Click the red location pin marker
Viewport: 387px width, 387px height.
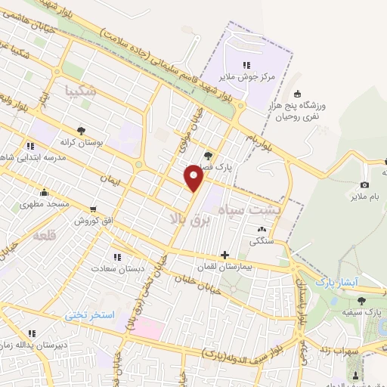(x=194, y=178)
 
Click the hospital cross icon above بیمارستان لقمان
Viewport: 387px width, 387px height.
(x=224, y=255)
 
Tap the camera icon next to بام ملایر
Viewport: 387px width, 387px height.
(x=364, y=184)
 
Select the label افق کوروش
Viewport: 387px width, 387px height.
(x=93, y=221)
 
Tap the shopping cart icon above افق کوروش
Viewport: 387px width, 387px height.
(x=93, y=209)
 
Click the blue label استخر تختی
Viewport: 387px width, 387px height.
(x=91, y=314)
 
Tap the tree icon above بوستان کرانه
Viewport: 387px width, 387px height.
(x=82, y=129)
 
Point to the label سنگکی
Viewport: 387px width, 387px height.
(x=259, y=241)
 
